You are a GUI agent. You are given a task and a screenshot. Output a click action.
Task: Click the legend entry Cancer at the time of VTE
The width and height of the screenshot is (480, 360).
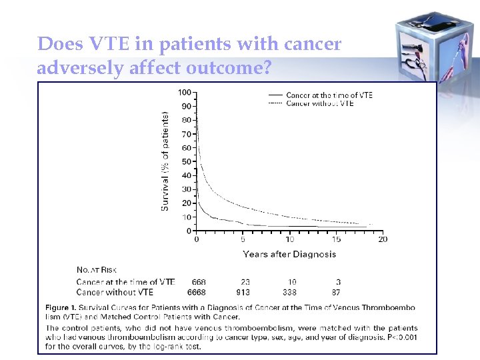[x=329, y=95]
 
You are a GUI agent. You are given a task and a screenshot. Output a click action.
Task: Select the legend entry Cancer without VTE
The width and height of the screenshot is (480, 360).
[x=319, y=103]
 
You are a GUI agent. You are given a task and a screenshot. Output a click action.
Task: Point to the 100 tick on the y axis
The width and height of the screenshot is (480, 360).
[x=185, y=92]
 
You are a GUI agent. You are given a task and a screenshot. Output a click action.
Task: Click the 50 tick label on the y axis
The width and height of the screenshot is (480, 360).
[x=187, y=161]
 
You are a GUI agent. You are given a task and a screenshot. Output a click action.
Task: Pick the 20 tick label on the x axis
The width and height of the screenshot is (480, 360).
[x=382, y=239]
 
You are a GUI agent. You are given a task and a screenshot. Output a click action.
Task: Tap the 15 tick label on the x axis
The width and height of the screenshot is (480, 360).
[x=337, y=239]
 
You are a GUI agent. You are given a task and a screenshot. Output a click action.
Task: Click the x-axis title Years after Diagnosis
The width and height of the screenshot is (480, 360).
[x=289, y=254]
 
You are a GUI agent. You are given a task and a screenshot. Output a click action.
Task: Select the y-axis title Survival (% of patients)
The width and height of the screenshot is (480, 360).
[x=165, y=161]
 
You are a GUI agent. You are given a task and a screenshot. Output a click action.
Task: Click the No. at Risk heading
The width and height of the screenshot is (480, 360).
[x=97, y=270]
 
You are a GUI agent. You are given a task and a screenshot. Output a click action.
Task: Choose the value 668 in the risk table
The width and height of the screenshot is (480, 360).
[x=199, y=282]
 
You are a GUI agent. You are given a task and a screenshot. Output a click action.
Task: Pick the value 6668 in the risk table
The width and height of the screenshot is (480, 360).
[x=196, y=292]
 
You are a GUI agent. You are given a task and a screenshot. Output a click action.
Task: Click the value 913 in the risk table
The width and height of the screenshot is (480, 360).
[x=243, y=292]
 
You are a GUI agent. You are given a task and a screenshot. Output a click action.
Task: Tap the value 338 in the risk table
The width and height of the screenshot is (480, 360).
[x=289, y=292]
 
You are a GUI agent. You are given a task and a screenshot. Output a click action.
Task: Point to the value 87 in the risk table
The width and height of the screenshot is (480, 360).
[x=336, y=292]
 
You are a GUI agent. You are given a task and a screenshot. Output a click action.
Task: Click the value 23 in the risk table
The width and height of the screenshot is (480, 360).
[x=245, y=282]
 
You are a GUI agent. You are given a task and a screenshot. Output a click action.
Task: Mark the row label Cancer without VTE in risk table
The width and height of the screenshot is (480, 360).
[x=115, y=292]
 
